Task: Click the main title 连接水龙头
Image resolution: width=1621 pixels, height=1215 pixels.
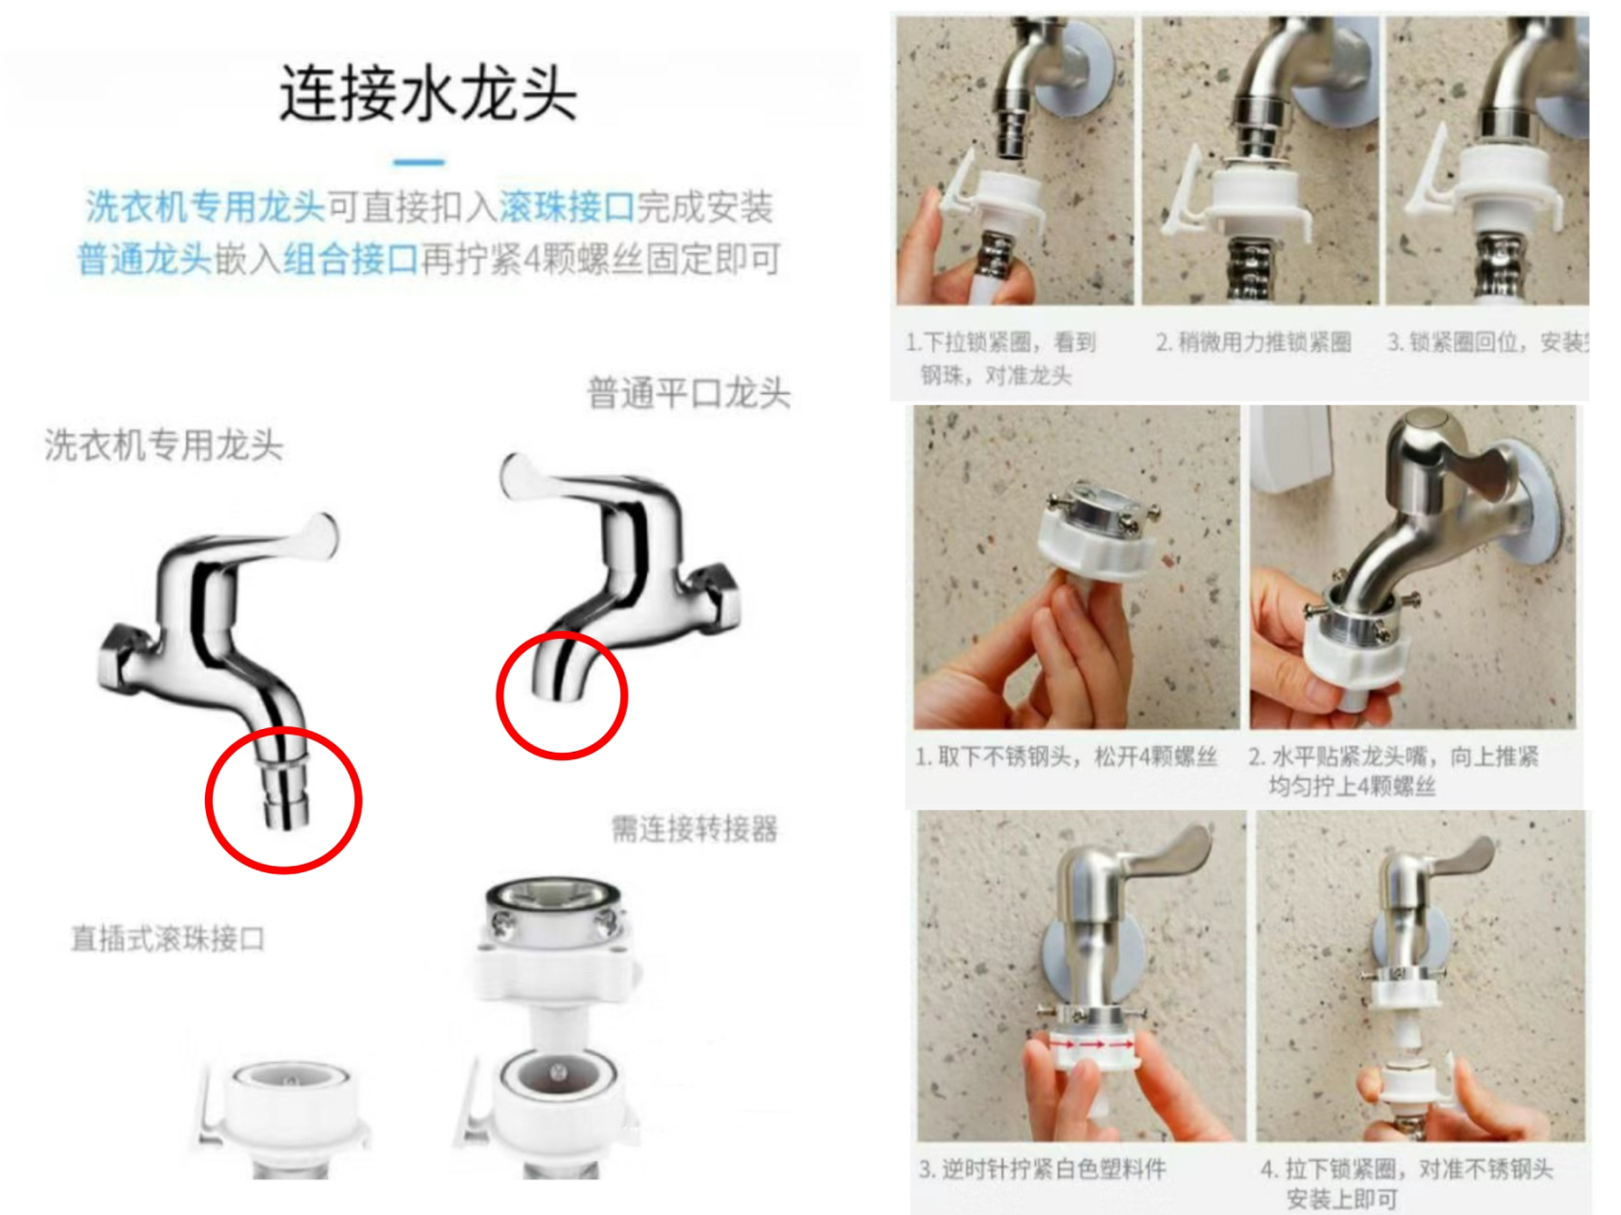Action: coord(427,93)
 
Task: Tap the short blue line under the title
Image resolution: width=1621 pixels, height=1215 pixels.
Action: coord(419,162)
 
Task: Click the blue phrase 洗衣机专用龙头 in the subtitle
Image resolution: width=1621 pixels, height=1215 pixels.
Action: coord(205,207)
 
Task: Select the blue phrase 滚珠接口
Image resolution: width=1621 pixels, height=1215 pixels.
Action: coord(567,207)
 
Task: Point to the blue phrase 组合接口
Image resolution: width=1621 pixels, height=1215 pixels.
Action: coord(350,258)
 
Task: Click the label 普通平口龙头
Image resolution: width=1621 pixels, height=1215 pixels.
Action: coord(688,393)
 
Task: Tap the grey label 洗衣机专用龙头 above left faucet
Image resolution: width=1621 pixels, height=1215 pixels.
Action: coord(163,444)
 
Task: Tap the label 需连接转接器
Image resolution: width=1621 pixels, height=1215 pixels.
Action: coord(694,829)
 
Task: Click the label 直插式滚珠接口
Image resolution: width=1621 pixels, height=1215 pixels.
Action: coord(168,939)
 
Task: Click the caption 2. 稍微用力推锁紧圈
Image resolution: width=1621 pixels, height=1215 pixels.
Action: coord(1253,343)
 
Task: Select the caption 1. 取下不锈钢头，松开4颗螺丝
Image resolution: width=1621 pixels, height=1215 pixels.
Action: coord(1065,757)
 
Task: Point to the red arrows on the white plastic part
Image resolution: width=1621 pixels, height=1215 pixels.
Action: coord(1092,1043)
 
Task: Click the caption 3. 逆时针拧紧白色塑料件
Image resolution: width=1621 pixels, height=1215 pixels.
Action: coord(1042,1169)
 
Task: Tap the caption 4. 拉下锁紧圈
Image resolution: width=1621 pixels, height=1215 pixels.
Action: coord(1406,1169)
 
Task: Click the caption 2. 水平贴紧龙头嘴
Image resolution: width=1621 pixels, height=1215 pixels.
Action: coord(1393,757)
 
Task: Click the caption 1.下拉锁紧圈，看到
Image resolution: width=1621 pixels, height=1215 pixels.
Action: coord(1001,343)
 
